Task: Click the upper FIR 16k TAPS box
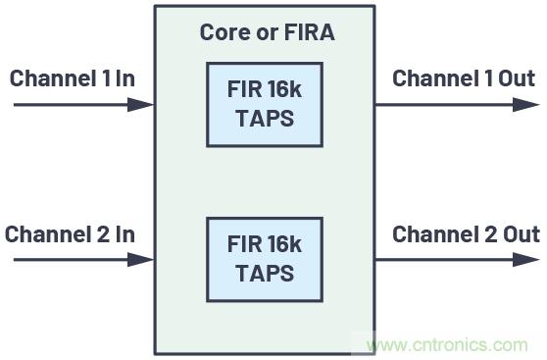[264, 105]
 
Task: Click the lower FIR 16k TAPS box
[264, 259]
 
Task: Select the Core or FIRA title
[267, 32]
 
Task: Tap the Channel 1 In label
[72, 78]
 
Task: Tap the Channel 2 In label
[70, 234]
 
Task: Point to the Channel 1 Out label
[464, 78]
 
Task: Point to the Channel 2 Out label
[466, 234]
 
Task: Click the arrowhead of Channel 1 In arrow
[144, 104]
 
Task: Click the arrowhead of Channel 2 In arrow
[144, 260]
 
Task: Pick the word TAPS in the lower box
[264, 273]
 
